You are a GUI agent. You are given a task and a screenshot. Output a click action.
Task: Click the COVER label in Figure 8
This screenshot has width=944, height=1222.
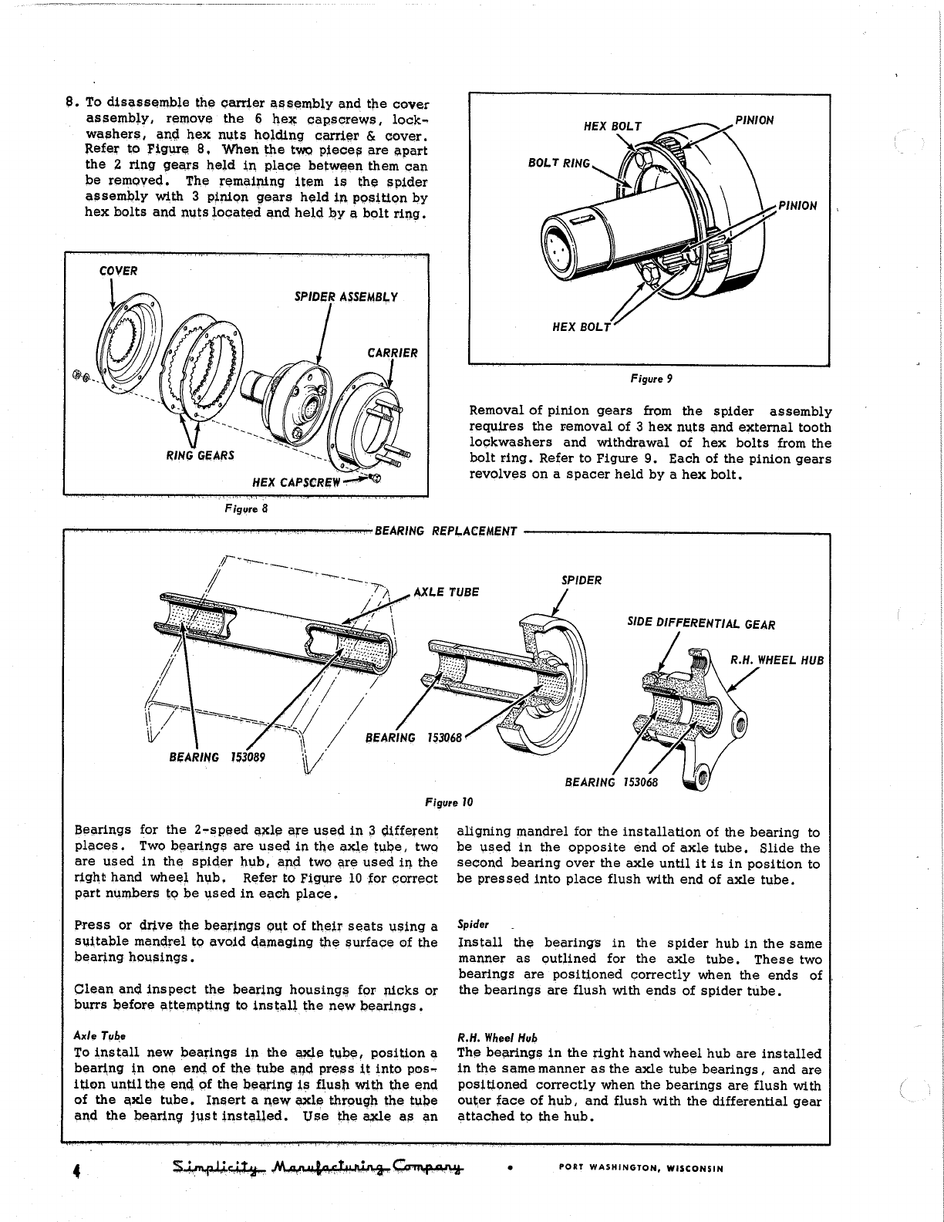[118, 271]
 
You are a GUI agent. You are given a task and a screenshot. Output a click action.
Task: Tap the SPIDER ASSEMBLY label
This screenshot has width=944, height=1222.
[346, 297]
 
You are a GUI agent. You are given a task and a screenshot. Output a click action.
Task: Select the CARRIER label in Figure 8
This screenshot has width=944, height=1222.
[393, 353]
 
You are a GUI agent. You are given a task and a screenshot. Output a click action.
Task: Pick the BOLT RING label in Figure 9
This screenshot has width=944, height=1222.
[558, 163]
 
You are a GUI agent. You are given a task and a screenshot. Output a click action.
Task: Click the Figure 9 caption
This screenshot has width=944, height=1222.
[649, 379]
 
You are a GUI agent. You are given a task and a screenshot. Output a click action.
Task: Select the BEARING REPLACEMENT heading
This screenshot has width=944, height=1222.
[445, 531]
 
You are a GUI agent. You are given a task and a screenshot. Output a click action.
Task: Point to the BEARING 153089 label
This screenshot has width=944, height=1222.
[217, 757]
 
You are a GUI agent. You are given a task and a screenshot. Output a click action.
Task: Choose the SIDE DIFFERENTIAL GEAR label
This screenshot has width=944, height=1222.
[701, 625]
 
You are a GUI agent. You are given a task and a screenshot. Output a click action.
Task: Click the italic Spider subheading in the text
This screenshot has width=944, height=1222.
[469, 924]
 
